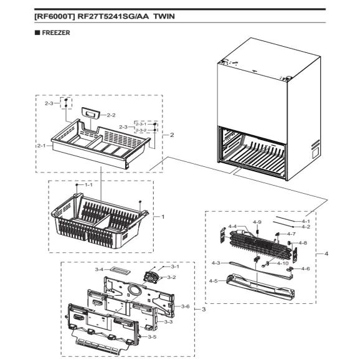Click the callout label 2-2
point(111,115)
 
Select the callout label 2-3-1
point(142,125)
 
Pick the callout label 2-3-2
point(142,131)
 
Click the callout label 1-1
point(88,185)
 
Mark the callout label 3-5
point(153,336)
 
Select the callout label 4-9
point(257,222)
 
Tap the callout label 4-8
point(303,243)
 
